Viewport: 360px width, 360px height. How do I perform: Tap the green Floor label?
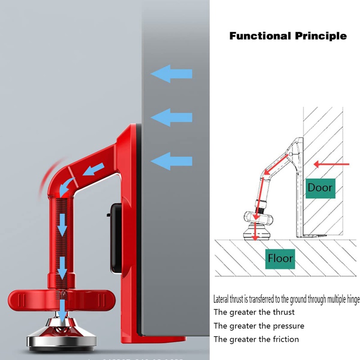280,258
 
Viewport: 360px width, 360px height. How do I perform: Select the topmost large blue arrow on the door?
171,73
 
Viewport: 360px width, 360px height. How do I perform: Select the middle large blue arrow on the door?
171,117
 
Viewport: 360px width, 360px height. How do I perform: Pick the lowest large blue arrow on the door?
171,161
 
